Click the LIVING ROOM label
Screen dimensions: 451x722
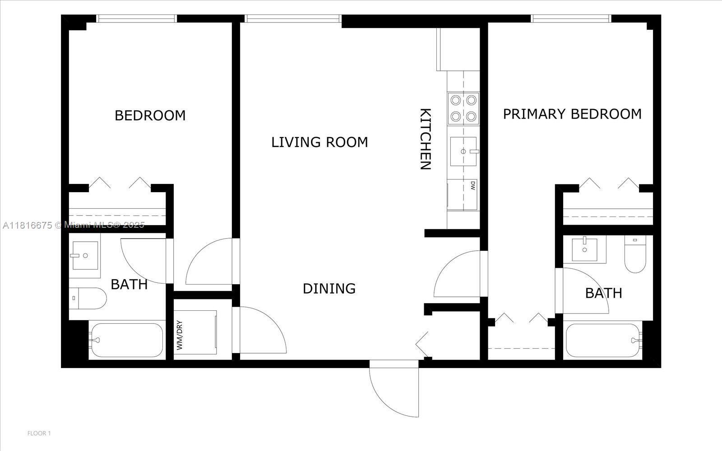(319, 142)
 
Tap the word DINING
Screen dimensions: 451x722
(329, 288)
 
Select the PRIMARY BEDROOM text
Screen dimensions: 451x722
(572, 114)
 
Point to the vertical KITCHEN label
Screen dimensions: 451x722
(425, 139)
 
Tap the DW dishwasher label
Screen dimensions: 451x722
(472, 185)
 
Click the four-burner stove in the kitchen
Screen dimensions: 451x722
(463, 108)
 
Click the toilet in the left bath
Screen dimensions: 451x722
(88, 298)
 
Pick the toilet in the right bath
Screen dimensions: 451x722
(635, 254)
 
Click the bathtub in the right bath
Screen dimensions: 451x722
(603, 341)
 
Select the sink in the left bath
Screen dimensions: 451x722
(84, 256)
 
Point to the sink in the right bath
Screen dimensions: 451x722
(584, 250)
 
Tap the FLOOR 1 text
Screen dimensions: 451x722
(39, 433)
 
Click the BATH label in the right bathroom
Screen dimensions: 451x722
(603, 293)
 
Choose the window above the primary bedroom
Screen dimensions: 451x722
(571, 18)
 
